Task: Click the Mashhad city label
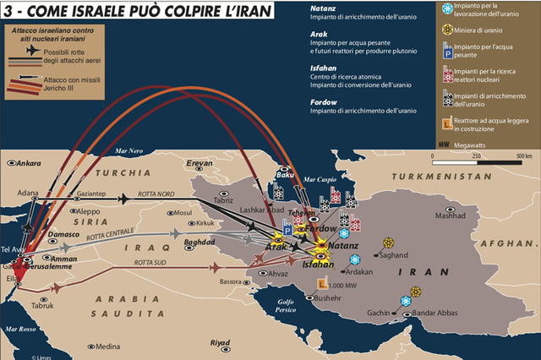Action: (x=451, y=215)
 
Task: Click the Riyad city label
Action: (x=220, y=342)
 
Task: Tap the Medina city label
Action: (x=107, y=346)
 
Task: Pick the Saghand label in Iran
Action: (x=394, y=254)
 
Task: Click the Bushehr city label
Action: (x=329, y=298)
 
